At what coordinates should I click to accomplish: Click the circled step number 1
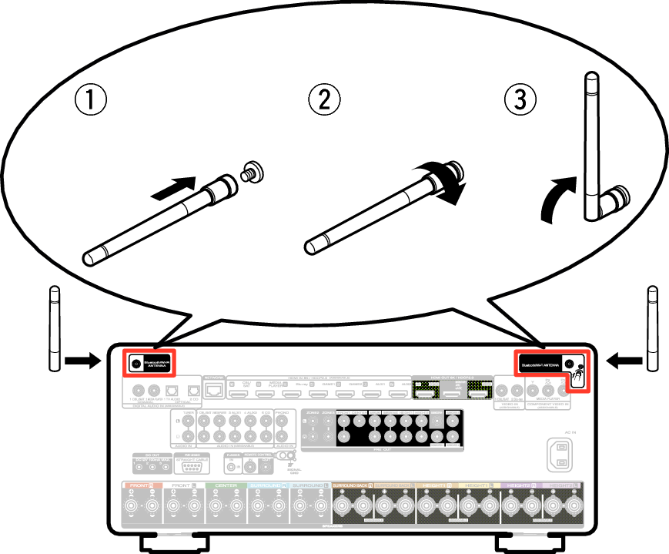90,100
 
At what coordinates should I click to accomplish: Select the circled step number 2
324,100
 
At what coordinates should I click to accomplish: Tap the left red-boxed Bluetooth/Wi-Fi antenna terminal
135,362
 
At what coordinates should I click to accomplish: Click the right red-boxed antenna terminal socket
569,363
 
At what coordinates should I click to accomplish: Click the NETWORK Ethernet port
213,391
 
